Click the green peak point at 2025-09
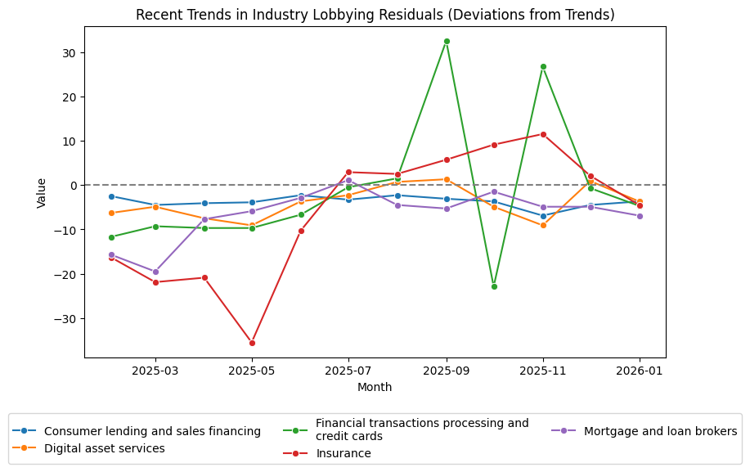[446, 41]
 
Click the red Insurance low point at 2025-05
[252, 343]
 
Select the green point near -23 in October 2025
[494, 286]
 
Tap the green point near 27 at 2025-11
[543, 66]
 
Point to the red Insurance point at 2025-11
[543, 134]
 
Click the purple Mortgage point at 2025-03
[155, 272]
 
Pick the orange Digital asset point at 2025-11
[543, 225]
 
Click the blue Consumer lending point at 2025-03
[155, 205]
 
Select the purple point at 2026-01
[640, 216]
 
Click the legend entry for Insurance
[343, 453]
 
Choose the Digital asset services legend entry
[104, 448]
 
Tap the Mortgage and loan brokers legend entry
[660, 431]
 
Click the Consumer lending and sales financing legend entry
[152, 431]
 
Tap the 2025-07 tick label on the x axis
[349, 371]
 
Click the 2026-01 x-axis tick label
[640, 371]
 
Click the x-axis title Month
[375, 387]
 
